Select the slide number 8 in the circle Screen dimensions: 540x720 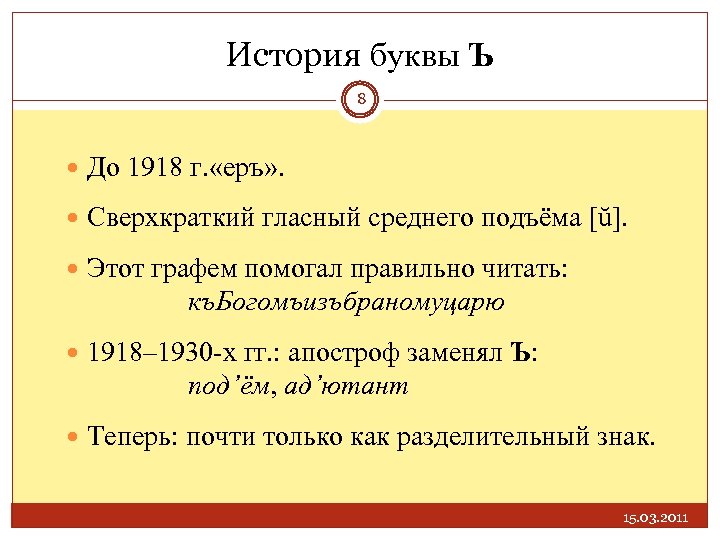click(361, 99)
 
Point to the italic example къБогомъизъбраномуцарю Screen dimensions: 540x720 click(346, 300)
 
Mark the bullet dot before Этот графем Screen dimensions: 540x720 click(75, 272)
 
